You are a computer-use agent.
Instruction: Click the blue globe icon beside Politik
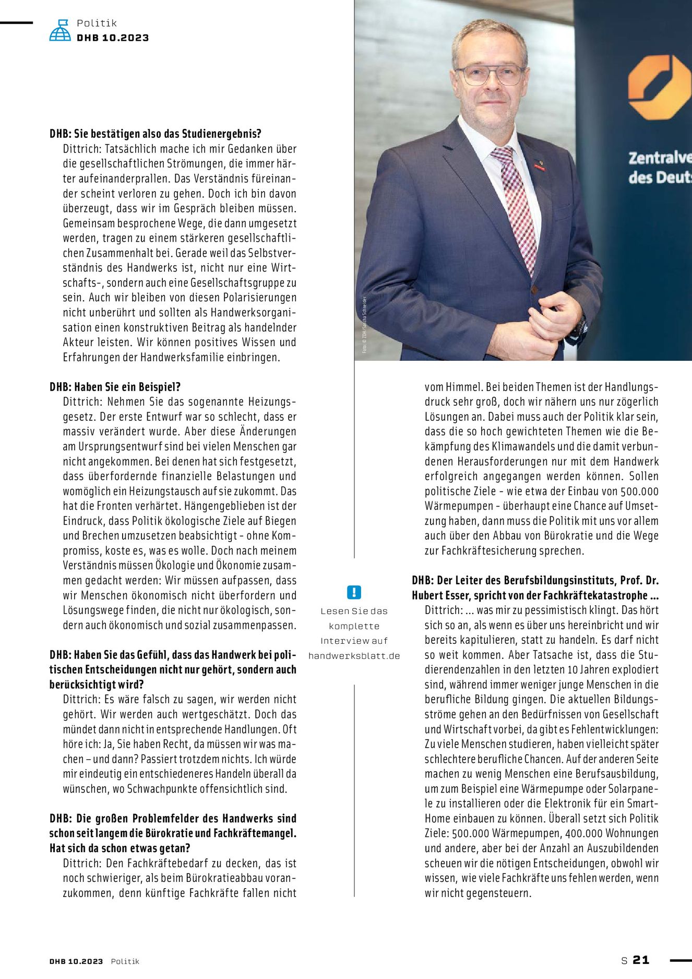60,30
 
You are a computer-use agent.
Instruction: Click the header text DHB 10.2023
113,38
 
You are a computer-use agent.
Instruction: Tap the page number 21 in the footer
641,960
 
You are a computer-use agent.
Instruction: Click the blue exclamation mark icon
354,592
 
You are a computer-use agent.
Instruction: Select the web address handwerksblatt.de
354,656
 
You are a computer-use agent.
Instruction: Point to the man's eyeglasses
490,75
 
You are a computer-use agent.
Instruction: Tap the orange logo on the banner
659,87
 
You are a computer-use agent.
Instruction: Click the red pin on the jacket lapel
539,167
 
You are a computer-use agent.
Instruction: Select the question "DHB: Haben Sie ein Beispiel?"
115,387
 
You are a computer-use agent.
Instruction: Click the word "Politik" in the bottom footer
125,961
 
